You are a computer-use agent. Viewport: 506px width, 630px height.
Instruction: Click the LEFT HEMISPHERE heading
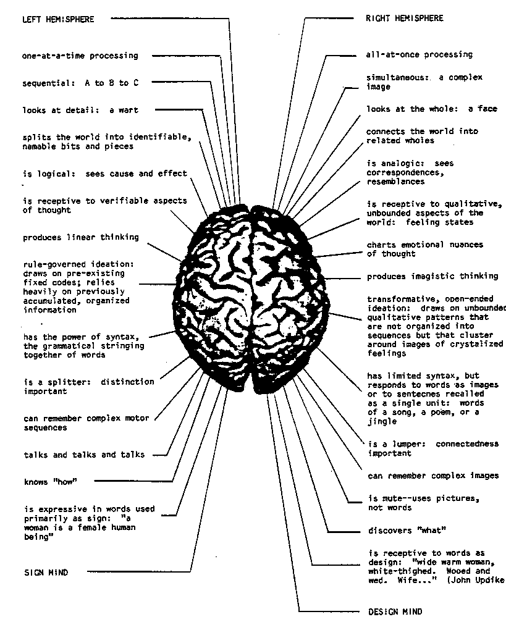click(58, 19)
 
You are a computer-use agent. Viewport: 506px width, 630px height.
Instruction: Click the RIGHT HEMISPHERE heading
click(405, 19)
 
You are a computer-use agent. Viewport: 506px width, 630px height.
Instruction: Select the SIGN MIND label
click(46, 573)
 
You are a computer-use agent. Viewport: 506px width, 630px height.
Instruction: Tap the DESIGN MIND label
click(395, 612)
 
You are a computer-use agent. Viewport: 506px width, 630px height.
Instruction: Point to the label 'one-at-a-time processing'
click(80, 56)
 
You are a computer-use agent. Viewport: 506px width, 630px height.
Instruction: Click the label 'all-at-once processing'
click(419, 54)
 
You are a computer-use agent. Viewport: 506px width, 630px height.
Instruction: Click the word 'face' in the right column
click(487, 109)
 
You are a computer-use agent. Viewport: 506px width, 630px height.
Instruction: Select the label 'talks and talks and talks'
click(84, 455)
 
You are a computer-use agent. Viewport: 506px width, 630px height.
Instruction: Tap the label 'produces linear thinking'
click(81, 237)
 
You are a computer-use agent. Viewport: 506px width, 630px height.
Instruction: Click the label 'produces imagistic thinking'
click(432, 277)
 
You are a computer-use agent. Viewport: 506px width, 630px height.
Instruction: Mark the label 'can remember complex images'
click(433, 476)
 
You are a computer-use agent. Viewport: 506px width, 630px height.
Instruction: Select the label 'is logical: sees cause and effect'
click(105, 174)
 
